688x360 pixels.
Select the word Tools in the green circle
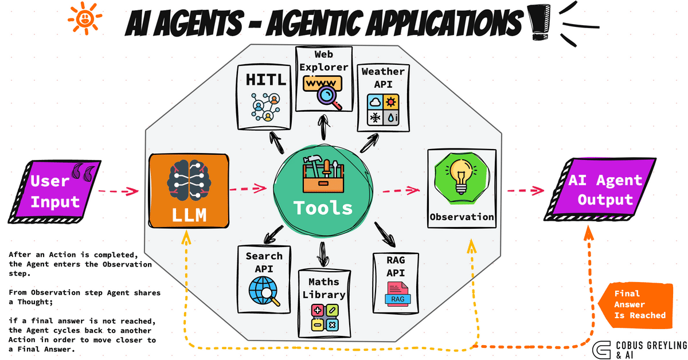pos(322,207)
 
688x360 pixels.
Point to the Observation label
pos(462,217)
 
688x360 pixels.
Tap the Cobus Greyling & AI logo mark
pos(601,349)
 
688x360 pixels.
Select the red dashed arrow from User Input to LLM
pos(118,190)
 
